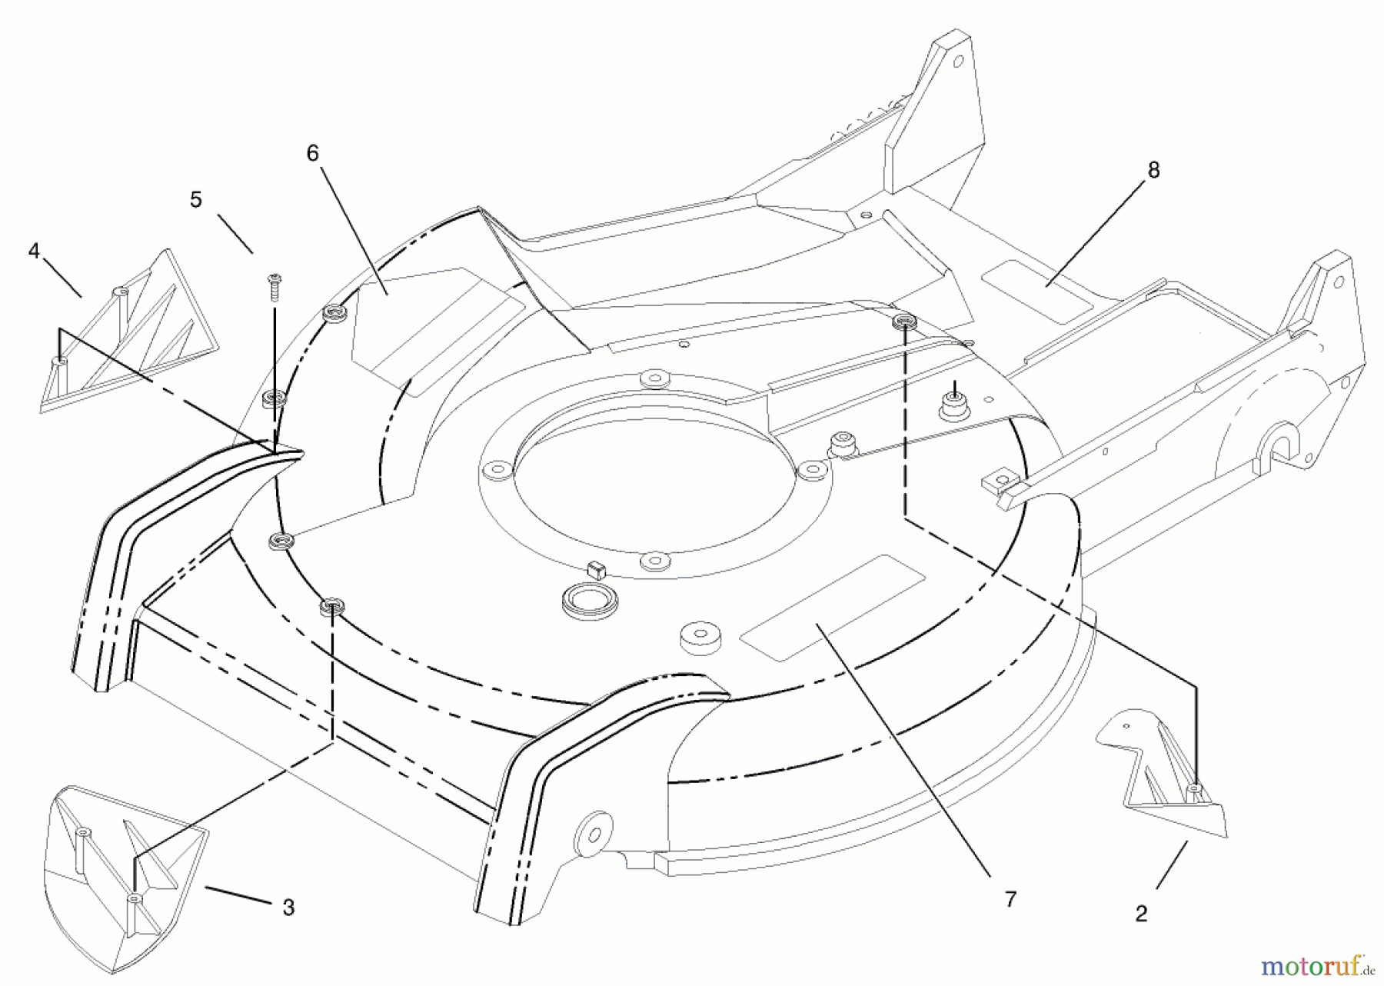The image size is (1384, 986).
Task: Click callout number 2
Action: [x=1141, y=914]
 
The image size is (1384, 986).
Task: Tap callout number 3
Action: [x=288, y=908]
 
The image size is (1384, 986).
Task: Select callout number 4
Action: [x=34, y=251]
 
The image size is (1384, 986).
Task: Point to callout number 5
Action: [x=196, y=200]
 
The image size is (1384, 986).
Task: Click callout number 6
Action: [x=312, y=154]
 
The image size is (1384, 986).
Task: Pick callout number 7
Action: [x=1010, y=899]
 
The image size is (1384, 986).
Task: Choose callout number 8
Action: [x=1153, y=170]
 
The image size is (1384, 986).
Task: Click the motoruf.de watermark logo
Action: [x=1318, y=964]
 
